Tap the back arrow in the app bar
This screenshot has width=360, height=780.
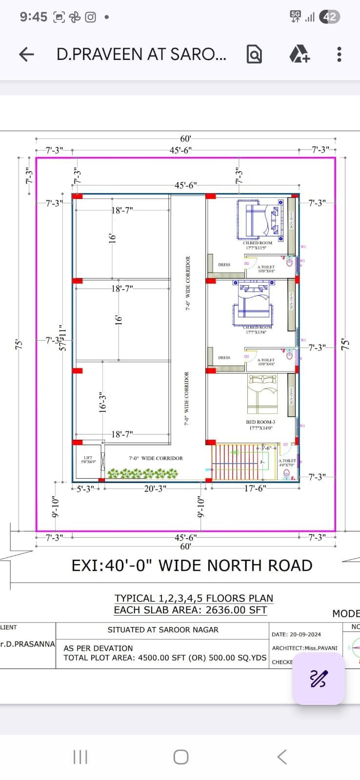(26, 54)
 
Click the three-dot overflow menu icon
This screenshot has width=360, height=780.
(339, 54)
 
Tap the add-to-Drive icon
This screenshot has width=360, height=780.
(299, 54)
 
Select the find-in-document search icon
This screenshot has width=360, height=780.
(254, 54)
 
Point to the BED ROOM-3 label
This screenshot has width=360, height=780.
(260, 422)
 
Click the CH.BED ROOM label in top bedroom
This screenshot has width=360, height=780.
(258, 243)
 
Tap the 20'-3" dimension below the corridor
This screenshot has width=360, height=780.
(155, 488)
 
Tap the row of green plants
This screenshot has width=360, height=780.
(142, 473)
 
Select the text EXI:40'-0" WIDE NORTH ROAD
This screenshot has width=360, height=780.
(192, 565)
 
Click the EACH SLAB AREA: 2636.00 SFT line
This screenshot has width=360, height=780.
(190, 610)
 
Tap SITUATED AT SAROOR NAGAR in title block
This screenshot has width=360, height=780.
(163, 630)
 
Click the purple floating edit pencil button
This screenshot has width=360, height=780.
(319, 678)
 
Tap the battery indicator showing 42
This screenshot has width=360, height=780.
(329, 17)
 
